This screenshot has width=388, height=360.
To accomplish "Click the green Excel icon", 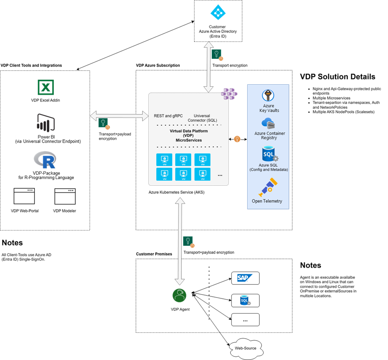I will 46,88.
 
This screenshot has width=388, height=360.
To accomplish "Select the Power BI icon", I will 46,123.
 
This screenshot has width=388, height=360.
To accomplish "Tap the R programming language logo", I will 45,160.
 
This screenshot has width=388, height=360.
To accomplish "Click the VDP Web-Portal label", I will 25,211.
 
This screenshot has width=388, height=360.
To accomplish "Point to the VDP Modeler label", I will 64,211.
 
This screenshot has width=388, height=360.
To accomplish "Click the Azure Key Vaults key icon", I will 268,96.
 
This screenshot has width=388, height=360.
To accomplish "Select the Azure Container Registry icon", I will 268,123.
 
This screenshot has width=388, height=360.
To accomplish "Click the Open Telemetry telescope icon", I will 268,187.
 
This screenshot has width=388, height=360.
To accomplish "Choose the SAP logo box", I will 245,278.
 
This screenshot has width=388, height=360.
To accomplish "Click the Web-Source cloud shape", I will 246,348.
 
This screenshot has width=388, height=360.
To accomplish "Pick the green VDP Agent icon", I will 179,295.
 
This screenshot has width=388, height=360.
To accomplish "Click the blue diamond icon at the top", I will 218,12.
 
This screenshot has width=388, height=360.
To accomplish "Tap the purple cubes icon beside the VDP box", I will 230,94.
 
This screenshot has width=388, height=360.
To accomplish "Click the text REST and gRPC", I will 168,116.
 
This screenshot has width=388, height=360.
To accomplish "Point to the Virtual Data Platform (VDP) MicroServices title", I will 189,136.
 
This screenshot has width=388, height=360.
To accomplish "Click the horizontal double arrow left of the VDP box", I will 119,116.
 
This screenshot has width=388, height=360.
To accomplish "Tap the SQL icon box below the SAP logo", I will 245,301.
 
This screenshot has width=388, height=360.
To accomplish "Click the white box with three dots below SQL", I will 245,320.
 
